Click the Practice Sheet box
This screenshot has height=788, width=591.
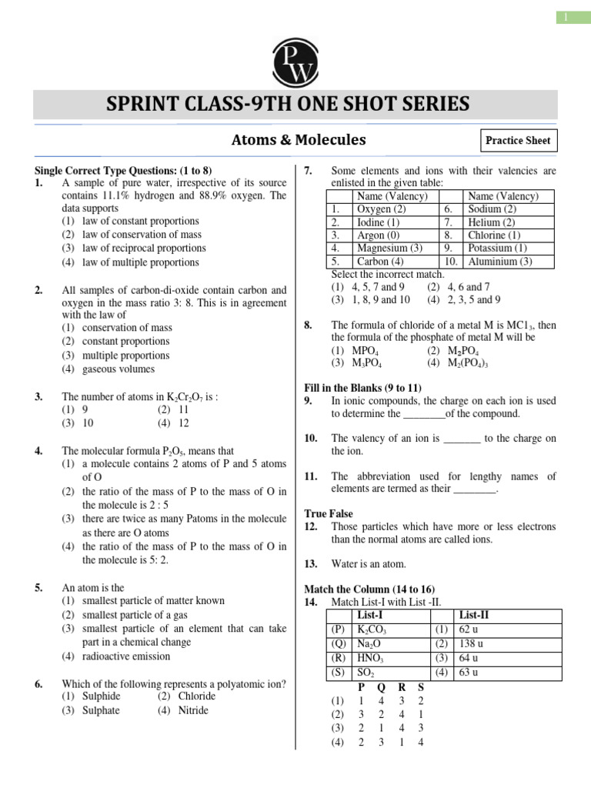pyautogui.click(x=516, y=141)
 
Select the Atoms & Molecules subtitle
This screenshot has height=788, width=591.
pyautogui.click(x=299, y=140)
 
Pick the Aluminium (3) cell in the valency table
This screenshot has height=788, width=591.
pyautogui.click(x=499, y=262)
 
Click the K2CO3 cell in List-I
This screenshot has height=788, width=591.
pyautogui.click(x=372, y=629)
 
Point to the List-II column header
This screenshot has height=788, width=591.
pyautogui.click(x=474, y=616)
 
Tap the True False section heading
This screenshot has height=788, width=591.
pyautogui.click(x=329, y=513)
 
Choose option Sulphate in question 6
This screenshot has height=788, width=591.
pyautogui.click(x=101, y=710)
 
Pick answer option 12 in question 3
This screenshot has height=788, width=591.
pyautogui.click(x=183, y=423)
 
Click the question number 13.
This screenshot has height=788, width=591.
pyautogui.click(x=311, y=564)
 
